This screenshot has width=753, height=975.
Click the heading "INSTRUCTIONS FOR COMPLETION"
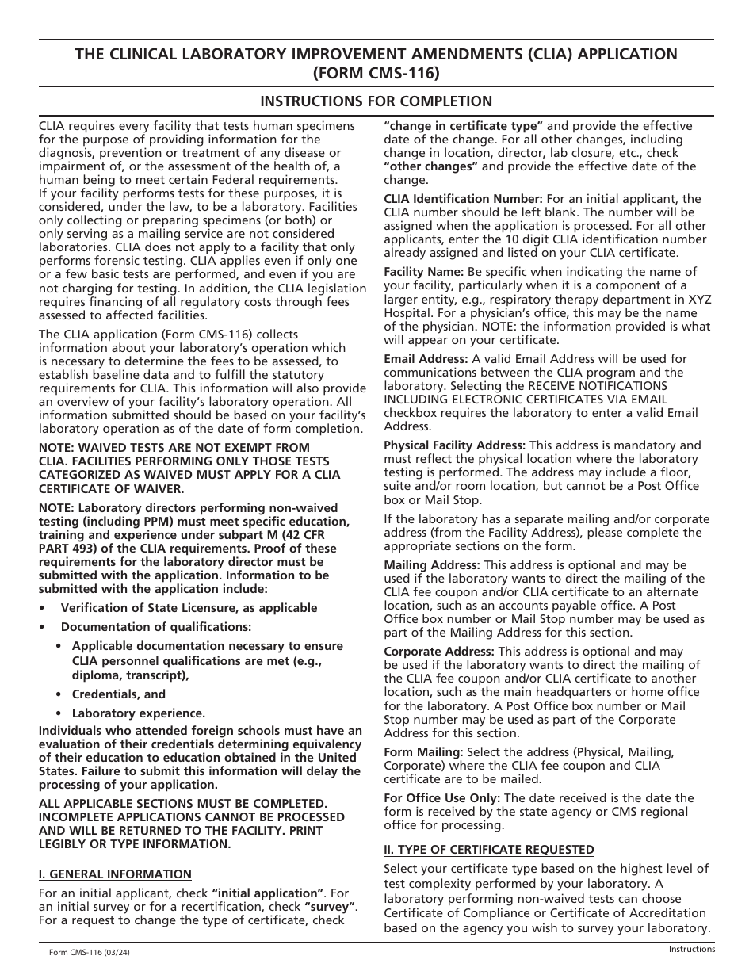pos(376,101)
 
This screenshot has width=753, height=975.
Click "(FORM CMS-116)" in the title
pos(376,73)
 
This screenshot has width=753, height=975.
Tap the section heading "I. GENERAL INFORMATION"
pos(115,874)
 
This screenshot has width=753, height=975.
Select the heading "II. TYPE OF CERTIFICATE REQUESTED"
pos(489,850)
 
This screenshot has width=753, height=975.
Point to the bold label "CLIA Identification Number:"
pos(463,199)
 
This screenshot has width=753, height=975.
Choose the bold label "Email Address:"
pos(426,359)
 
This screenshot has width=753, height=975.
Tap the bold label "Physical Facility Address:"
pos(454,445)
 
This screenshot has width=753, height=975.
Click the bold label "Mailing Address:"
pos(432,565)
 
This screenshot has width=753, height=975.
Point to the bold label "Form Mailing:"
pos(424,751)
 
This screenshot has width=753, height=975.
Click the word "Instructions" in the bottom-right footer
pos(691,949)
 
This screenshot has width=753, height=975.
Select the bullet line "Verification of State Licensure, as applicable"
pos(189,608)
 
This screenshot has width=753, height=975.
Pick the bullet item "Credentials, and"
pos(119,694)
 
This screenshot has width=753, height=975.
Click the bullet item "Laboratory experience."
pos(139,713)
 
